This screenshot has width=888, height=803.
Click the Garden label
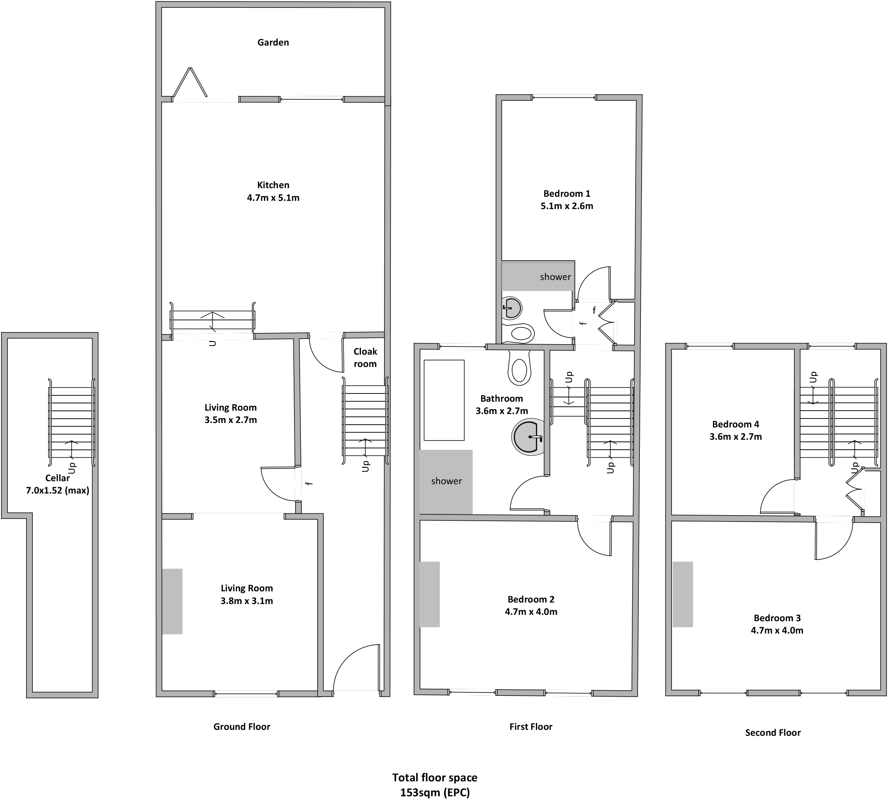(273, 42)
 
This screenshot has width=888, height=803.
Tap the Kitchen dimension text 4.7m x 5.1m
(273, 198)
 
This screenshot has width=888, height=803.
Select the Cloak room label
(365, 358)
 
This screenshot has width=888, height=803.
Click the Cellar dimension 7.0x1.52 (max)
(58, 490)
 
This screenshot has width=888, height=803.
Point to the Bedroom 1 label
(567, 193)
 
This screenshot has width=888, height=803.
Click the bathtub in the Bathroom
(444, 400)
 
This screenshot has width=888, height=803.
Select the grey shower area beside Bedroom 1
(538, 276)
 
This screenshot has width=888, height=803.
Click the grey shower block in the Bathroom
(446, 482)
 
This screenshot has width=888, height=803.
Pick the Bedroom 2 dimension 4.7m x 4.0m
(531, 611)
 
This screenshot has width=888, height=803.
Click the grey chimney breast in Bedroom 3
(683, 594)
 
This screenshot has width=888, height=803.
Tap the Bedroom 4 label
(736, 424)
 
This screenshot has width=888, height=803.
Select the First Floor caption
(531, 727)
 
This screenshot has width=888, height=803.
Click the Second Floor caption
(773, 732)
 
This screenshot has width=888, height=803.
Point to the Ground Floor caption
(242, 727)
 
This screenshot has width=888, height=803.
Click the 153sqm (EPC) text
(435, 793)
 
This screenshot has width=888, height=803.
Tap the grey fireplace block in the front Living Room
(172, 601)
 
